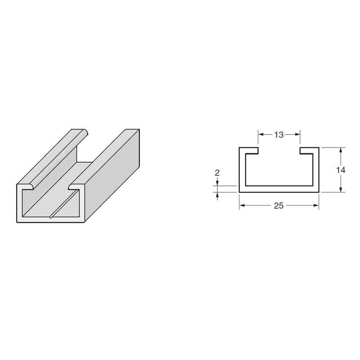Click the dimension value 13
(x=279, y=135)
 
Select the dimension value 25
(x=279, y=206)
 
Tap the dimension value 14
(x=341, y=170)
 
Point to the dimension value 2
(x=217, y=173)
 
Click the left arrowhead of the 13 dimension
(x=261, y=134)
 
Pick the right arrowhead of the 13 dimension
(x=297, y=134)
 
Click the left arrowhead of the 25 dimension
(x=242, y=205)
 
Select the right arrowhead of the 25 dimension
(x=316, y=205)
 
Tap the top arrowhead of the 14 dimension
(x=341, y=150)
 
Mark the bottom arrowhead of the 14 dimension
(x=341, y=189)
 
